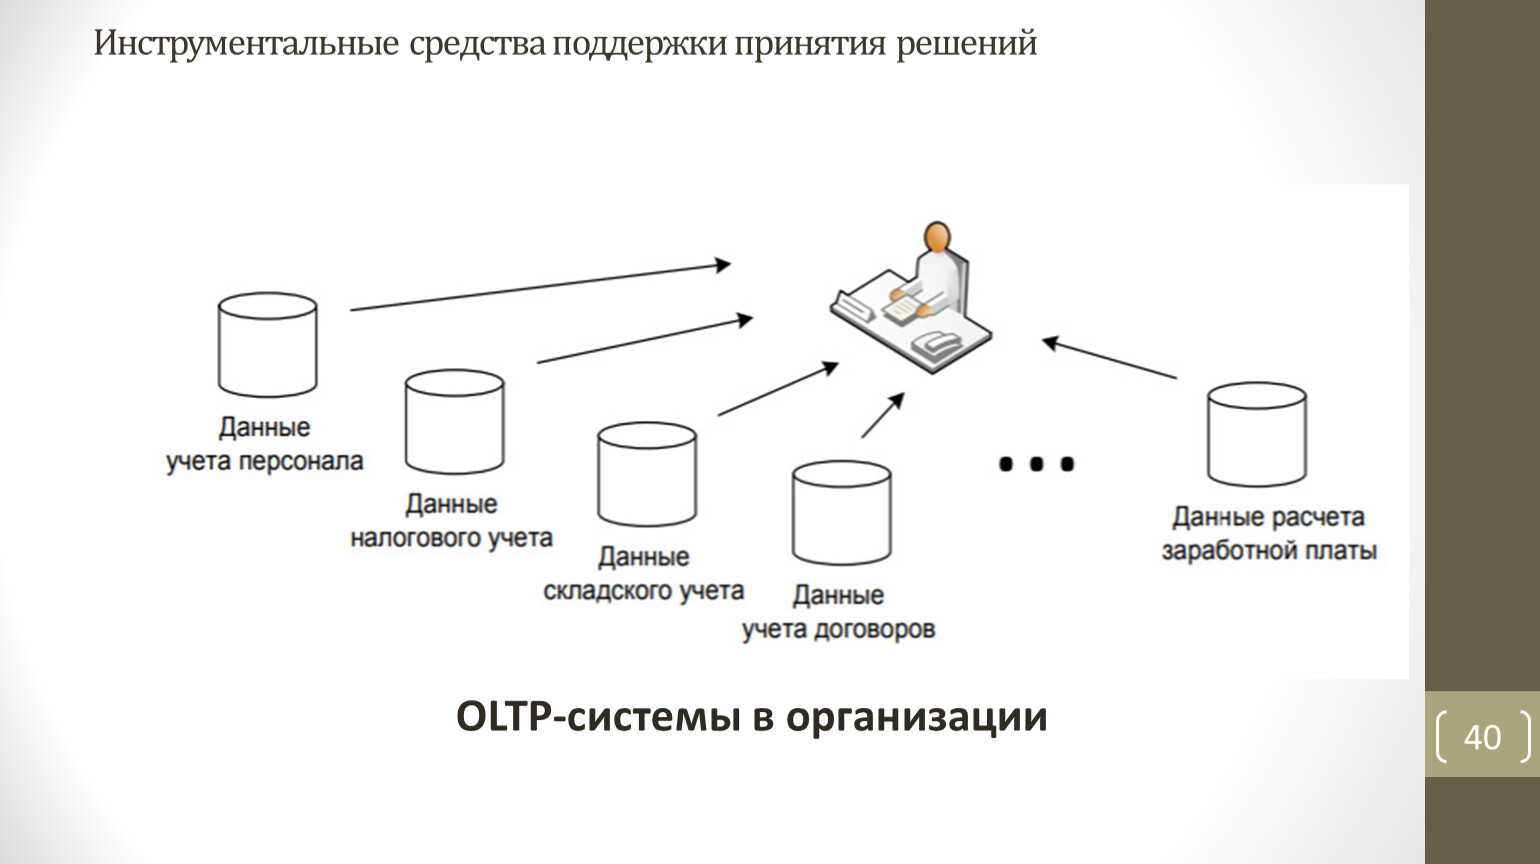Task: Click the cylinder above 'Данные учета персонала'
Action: pos(267,344)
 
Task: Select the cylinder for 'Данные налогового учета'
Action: pos(454,421)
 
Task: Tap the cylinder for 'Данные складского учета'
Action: pos(647,474)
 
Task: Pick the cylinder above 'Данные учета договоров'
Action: pos(842,512)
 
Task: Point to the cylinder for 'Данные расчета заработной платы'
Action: pos(1257,434)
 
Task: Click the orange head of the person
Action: pos(937,237)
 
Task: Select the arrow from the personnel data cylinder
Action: pos(540,287)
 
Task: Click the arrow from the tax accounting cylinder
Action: pos(645,339)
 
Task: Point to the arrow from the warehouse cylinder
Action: pos(778,389)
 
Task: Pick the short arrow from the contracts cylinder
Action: pos(883,415)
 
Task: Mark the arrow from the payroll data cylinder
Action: pos(1110,357)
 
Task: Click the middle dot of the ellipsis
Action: pos(1036,465)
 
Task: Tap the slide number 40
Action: pos(1482,737)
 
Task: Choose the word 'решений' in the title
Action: pos(967,44)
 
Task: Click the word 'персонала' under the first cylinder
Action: pos(301,461)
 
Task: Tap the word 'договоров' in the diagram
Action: pos(874,630)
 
